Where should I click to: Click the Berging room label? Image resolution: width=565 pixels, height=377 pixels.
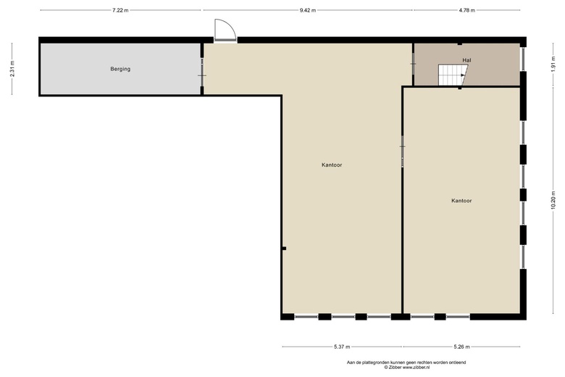[120, 69]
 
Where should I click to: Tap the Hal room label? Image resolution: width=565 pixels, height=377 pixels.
[466, 60]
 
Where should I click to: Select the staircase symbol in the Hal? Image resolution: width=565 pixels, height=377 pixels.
[453, 75]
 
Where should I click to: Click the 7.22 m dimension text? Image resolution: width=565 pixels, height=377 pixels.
[120, 10]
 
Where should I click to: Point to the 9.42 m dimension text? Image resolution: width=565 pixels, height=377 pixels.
[308, 10]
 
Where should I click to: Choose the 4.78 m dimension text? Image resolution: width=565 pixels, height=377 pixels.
[467, 10]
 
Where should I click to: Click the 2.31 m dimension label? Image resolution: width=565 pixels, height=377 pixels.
[12, 69]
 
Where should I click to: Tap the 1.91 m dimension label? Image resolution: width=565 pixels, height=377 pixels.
[553, 65]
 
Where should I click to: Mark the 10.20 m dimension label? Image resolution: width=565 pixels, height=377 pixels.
[553, 201]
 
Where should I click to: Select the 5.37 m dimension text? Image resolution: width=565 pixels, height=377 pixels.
[342, 347]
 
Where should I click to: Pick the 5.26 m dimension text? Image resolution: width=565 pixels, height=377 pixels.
[461, 347]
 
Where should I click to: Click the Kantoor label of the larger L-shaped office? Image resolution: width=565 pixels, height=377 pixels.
[332, 165]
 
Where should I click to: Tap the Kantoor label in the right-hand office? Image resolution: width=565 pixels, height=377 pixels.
[461, 201]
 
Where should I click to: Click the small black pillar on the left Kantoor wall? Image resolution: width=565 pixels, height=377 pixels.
[284, 248]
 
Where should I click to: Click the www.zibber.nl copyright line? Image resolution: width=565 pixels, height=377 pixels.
[406, 368]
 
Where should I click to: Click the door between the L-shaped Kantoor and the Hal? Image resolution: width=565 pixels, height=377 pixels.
[413, 64]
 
